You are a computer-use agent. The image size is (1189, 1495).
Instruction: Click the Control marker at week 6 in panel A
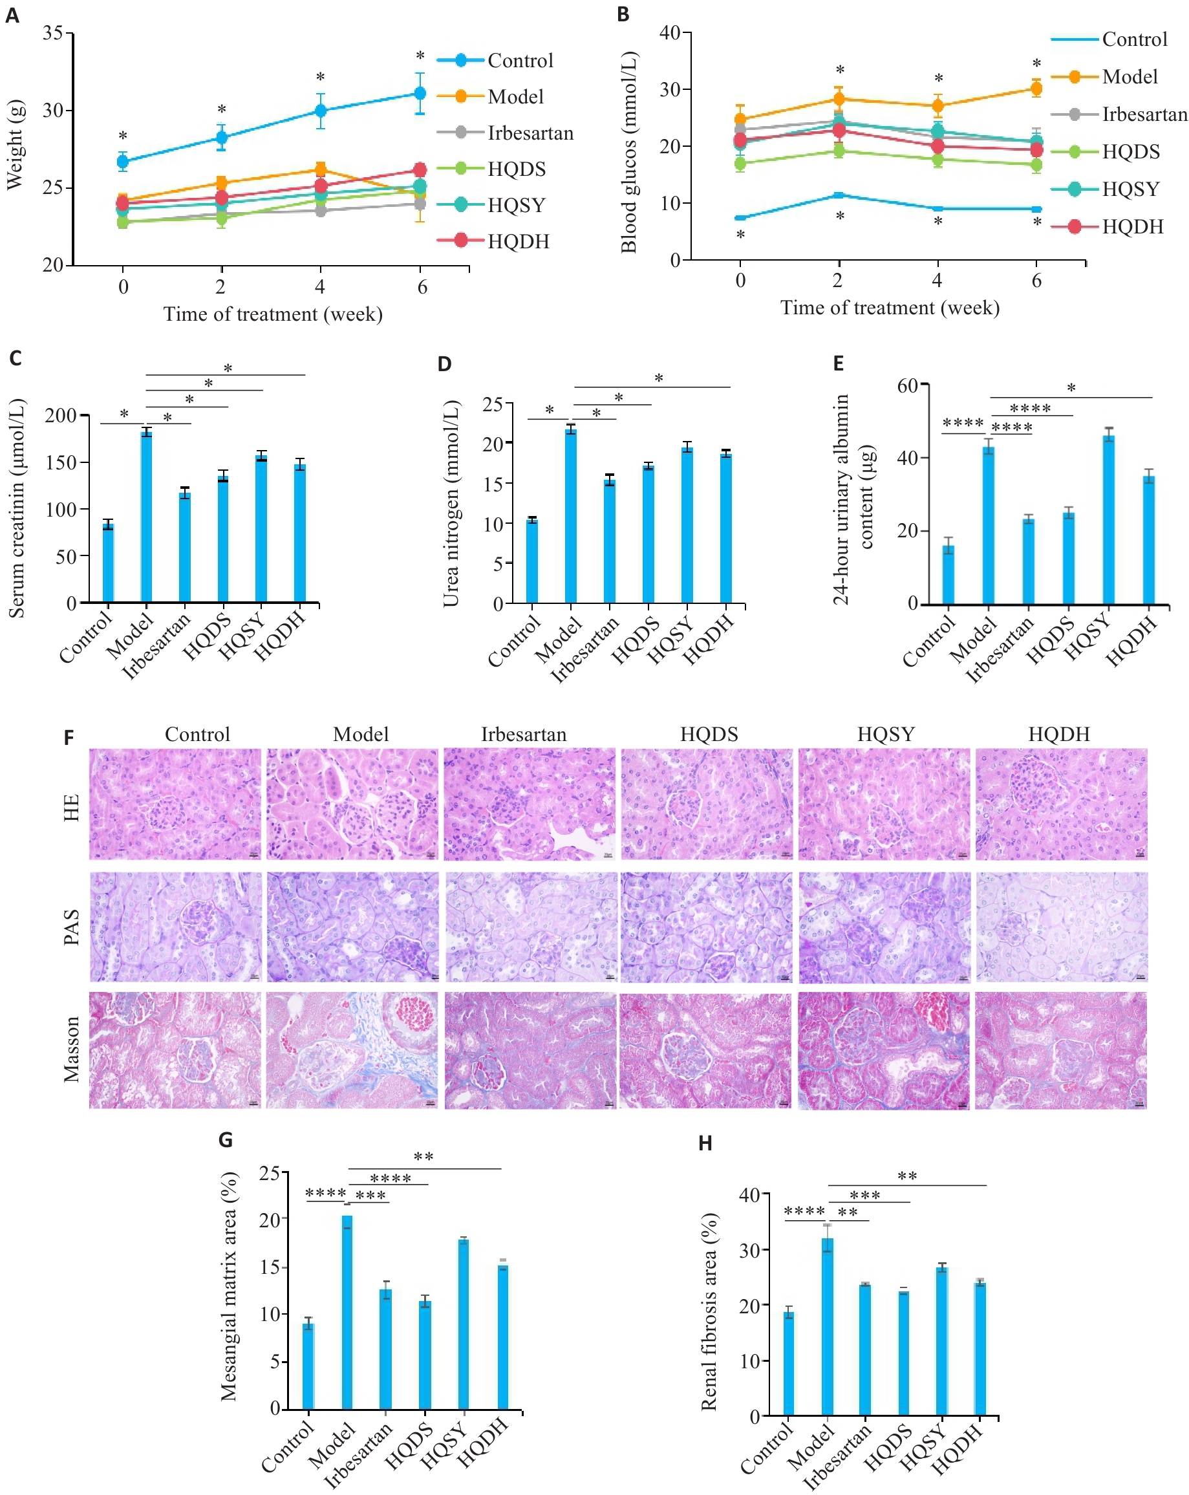[x=420, y=93]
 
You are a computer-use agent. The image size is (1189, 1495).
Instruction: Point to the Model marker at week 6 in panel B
[x=1036, y=88]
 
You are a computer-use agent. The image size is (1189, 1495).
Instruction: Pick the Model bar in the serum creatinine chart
[x=147, y=517]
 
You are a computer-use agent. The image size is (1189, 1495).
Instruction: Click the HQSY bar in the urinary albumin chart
[x=1109, y=519]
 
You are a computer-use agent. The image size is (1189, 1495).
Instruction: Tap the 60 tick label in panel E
[x=908, y=385]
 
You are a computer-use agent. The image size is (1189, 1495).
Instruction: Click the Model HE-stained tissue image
[x=352, y=804]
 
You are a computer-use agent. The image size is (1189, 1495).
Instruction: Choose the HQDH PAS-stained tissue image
[x=1061, y=927]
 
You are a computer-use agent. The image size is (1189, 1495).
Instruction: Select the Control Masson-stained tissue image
[x=175, y=1050]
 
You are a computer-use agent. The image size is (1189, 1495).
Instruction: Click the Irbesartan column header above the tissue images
[x=524, y=734]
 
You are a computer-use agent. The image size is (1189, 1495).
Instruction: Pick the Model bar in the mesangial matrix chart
[x=347, y=1312]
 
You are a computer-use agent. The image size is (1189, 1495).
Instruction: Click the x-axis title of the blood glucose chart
[x=890, y=307]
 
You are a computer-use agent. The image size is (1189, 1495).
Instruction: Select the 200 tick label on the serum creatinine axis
[x=60, y=415]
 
